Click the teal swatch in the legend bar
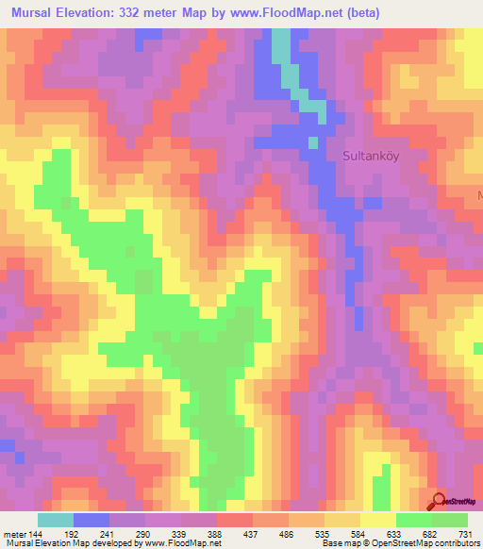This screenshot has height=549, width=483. pyautogui.click(x=56, y=520)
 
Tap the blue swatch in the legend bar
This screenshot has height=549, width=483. pyautogui.click(x=92, y=520)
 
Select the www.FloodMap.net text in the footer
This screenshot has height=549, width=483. pyautogui.click(x=179, y=543)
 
